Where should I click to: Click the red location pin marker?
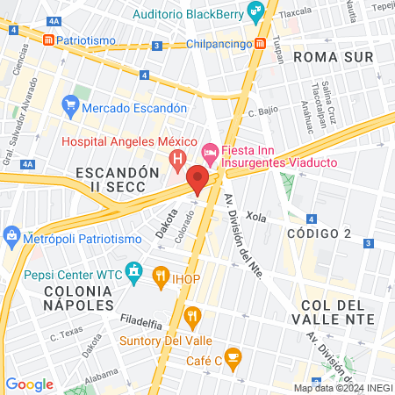197,179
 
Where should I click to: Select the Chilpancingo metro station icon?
262,44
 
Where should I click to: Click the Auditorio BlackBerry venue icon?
255,12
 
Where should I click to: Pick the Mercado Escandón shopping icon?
71,107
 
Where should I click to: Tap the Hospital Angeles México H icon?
177,159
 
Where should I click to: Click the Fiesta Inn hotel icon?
209,151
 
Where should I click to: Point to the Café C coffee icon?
232,355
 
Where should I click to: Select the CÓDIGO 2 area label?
320,233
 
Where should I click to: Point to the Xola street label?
255,215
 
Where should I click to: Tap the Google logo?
30,384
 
